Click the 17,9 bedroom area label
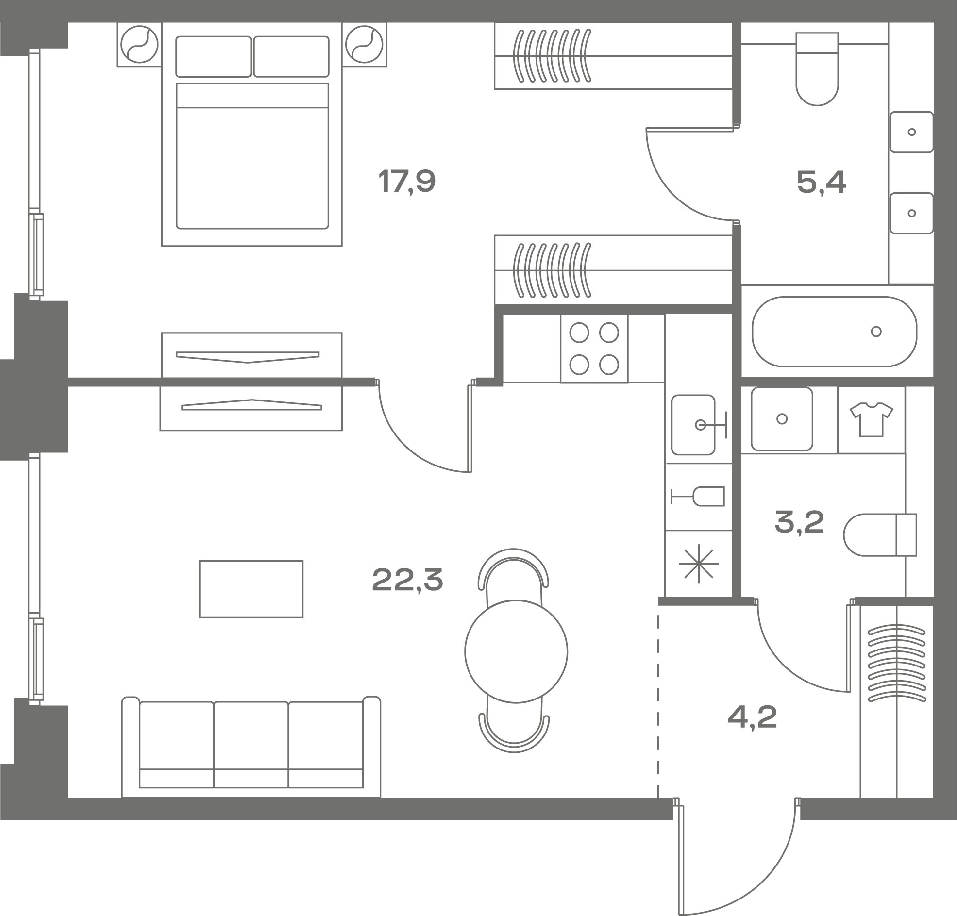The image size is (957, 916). pyautogui.click(x=407, y=182)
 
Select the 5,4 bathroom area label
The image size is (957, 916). pyautogui.click(x=821, y=183)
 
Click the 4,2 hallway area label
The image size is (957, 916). pyautogui.click(x=752, y=717)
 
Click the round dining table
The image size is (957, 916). pyautogui.click(x=516, y=651)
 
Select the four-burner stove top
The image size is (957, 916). pyautogui.click(x=594, y=349)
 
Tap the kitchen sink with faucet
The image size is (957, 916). pyautogui.click(x=698, y=425)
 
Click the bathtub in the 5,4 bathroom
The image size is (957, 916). pyautogui.click(x=835, y=332)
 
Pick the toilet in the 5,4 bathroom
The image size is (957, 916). pyautogui.click(x=817, y=69)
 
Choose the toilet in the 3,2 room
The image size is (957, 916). pyautogui.click(x=880, y=534)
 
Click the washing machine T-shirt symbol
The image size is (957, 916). pyautogui.click(x=872, y=419)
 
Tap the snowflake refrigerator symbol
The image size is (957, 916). pyautogui.click(x=699, y=564)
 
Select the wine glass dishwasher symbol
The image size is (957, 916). pyautogui.click(x=698, y=497)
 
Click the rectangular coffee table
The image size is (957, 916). pyautogui.click(x=251, y=589)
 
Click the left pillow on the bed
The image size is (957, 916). pyautogui.click(x=213, y=57)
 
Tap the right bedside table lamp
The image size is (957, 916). pyautogui.click(x=364, y=45)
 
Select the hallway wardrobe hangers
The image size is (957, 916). pyautogui.click(x=896, y=663)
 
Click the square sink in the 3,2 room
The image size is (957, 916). pyautogui.click(x=782, y=419)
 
